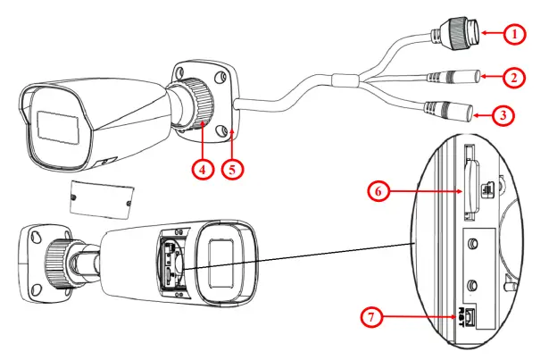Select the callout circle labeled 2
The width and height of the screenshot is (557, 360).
(511, 78)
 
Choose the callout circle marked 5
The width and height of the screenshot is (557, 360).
(234, 166)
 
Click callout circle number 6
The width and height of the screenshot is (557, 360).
(380, 189)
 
